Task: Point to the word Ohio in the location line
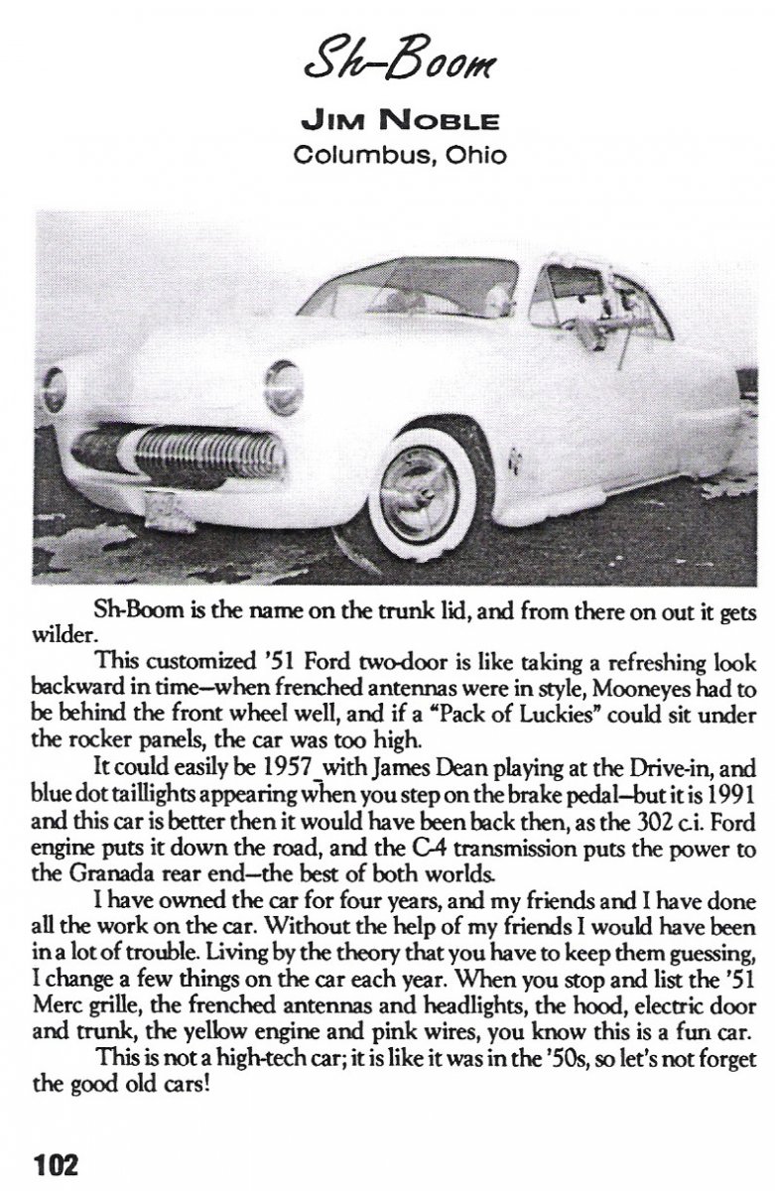452,156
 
